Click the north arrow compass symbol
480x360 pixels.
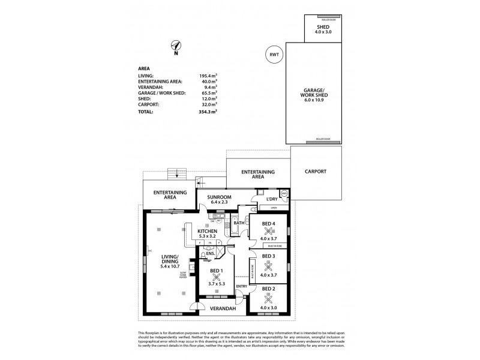click(175, 46)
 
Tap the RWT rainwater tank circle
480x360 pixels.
click(274, 55)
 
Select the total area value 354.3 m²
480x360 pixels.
click(208, 112)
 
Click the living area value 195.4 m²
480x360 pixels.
click(208, 76)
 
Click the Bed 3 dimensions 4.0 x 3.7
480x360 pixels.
click(268, 275)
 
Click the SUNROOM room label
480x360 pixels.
click(219, 197)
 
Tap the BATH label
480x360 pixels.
click(238, 223)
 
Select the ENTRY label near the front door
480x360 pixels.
click(241, 286)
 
